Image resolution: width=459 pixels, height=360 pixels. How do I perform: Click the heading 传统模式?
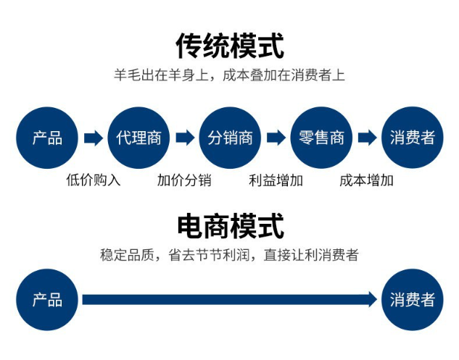229,45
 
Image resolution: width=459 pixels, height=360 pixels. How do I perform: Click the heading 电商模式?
229,225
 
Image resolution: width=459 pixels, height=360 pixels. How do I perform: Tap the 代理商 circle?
138,138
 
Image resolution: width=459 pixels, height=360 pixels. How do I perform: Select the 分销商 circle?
230,138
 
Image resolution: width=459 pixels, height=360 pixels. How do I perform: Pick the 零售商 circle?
321,138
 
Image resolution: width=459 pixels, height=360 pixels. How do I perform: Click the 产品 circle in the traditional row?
47,138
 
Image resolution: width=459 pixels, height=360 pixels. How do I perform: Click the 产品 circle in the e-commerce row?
47,299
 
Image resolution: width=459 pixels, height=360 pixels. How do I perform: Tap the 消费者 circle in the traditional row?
412,138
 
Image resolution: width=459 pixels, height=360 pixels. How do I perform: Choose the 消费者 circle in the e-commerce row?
412,299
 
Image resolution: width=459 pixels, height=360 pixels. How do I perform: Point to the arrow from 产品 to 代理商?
93,138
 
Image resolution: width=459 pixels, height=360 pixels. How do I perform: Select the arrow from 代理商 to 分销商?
184,138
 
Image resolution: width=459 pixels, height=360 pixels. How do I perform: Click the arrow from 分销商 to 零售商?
276,138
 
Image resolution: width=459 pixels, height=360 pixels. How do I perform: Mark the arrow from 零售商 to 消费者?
367,138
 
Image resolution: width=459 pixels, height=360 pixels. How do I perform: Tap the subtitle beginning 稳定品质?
229,255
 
